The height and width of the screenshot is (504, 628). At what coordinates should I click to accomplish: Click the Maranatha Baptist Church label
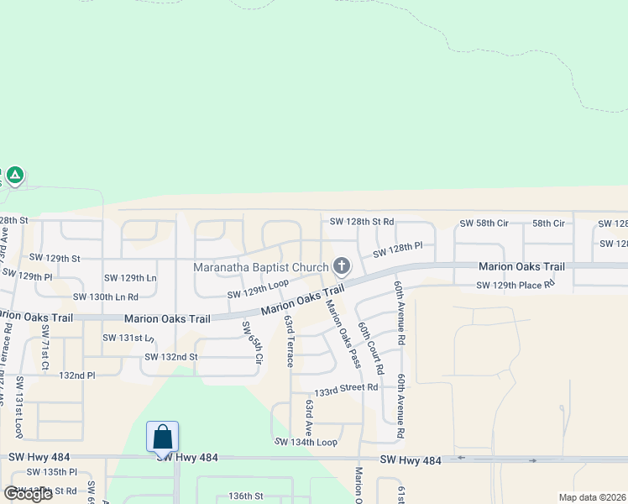[261, 268]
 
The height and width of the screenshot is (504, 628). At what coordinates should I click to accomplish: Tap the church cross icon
[341, 267]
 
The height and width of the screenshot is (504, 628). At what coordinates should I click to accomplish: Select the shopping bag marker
[162, 437]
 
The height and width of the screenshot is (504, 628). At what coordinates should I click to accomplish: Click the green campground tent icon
[14, 176]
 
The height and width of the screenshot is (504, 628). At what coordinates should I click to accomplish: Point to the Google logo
[28, 494]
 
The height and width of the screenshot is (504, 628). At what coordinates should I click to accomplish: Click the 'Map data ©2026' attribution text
[592, 497]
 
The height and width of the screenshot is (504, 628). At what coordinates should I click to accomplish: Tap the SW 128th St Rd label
[362, 222]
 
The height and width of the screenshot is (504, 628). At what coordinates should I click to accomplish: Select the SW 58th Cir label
[484, 223]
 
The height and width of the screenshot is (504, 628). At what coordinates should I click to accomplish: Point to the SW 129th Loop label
[258, 289]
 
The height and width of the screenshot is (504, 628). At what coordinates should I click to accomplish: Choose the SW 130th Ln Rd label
[106, 297]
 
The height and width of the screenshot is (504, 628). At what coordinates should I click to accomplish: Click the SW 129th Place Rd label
[515, 286]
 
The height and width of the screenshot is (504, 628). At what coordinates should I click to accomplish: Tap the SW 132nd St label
[170, 357]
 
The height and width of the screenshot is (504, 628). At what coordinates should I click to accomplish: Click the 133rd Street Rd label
[346, 390]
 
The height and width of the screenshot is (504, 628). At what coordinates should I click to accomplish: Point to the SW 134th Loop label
[306, 442]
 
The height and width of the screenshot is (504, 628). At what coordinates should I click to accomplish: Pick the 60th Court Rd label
[370, 347]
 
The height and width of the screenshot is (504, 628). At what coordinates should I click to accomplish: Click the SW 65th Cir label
[252, 343]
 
